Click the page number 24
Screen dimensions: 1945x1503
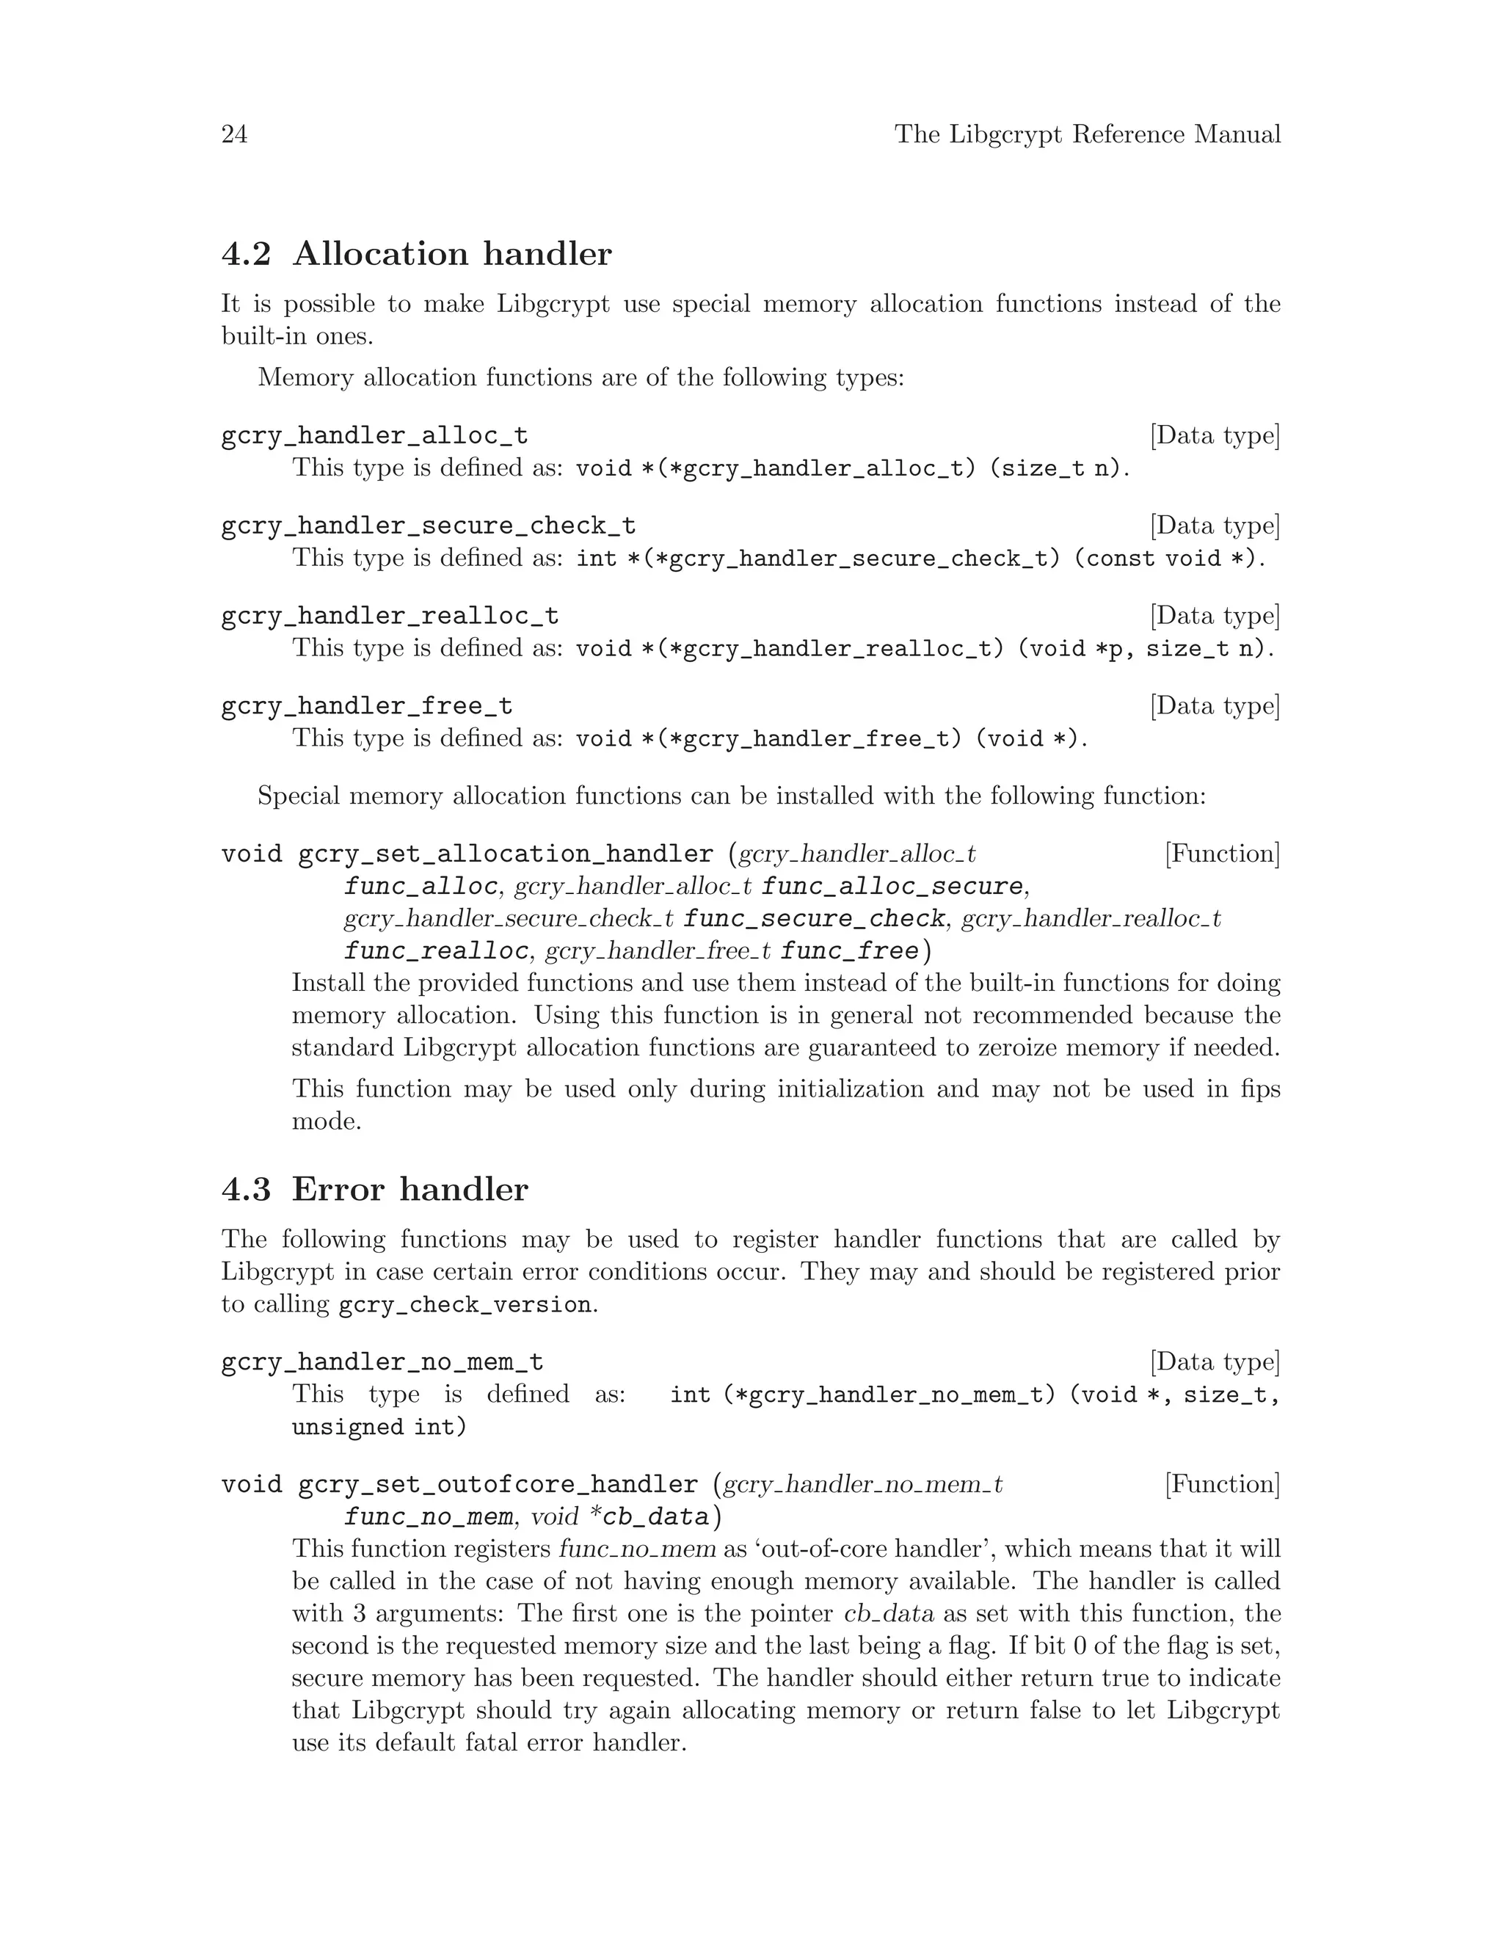pos(234,134)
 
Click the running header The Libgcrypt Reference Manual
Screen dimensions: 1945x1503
pos(1087,134)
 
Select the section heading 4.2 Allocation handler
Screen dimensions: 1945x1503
pos(416,254)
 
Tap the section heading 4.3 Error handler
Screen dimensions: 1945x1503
pos(374,1190)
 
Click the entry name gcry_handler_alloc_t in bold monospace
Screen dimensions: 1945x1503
pos(374,435)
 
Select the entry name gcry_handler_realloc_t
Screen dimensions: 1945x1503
pos(389,615)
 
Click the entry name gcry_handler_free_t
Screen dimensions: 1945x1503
pos(366,706)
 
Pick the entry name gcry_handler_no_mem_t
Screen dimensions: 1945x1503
pos(382,1362)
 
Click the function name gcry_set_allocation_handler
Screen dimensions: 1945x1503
pos(505,854)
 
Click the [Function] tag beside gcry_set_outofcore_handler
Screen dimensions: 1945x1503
pos(1222,1483)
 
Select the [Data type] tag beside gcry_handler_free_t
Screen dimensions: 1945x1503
pos(1215,705)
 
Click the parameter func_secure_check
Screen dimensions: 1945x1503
pos(814,918)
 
